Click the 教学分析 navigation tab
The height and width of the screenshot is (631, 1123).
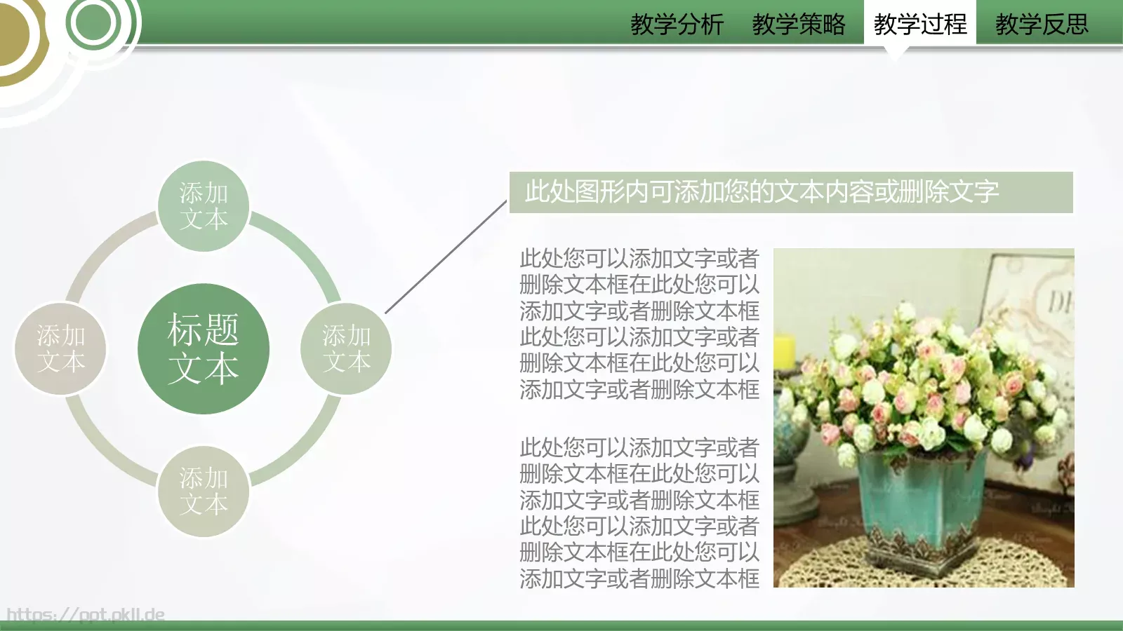(x=677, y=25)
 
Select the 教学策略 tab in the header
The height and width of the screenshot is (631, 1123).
(x=799, y=25)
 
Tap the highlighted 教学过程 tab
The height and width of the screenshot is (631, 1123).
(x=919, y=25)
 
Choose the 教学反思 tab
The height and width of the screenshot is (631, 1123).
(x=1042, y=25)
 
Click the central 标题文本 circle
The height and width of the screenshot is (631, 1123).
(x=204, y=348)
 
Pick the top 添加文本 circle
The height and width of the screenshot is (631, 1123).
(x=204, y=205)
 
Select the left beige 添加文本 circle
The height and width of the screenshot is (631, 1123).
(x=60, y=348)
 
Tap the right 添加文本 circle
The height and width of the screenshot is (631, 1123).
(x=346, y=348)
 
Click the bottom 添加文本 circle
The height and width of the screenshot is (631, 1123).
(x=204, y=491)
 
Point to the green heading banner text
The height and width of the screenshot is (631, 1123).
(x=762, y=191)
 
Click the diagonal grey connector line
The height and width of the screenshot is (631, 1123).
(x=446, y=257)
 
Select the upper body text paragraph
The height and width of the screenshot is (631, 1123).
(x=639, y=324)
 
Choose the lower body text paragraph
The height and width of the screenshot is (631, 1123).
(x=639, y=513)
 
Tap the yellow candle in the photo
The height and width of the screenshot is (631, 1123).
(x=784, y=351)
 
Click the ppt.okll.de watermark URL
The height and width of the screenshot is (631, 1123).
(x=86, y=615)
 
